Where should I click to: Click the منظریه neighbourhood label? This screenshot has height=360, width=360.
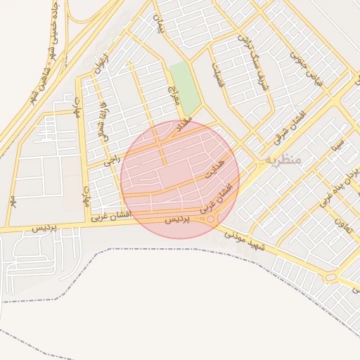tap(283, 160)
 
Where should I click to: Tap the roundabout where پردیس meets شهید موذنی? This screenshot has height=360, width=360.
tap(210, 219)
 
